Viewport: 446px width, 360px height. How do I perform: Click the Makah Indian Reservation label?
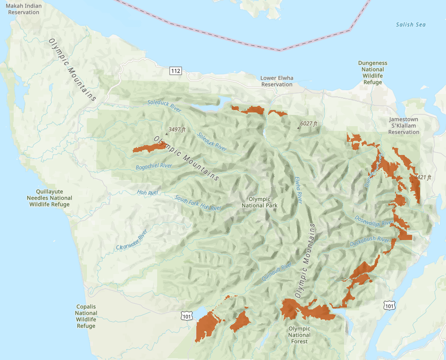click(23, 9)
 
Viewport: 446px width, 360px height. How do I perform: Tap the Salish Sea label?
click(411, 25)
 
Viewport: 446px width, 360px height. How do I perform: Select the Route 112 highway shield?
click(176, 71)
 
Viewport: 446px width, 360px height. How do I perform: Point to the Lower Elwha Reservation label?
click(277, 81)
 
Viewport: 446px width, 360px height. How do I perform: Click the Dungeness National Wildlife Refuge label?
click(372, 72)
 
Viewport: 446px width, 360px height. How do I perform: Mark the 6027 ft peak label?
click(308, 124)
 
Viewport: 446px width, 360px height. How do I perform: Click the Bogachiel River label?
click(154, 166)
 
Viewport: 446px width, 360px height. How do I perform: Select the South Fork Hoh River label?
click(198, 203)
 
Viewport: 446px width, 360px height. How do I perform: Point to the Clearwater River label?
click(132, 240)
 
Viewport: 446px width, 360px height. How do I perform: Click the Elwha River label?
click(298, 190)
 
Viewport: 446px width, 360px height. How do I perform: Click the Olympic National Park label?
click(259, 202)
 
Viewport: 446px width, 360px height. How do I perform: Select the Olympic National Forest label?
click(299, 335)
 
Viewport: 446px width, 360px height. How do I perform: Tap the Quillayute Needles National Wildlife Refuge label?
click(50, 198)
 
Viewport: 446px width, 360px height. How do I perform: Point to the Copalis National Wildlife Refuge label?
click(86, 316)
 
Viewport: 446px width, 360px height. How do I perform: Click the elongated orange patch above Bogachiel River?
click(150, 147)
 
